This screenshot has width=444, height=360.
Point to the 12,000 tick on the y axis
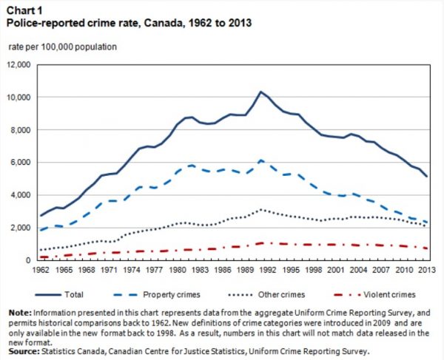(18, 65)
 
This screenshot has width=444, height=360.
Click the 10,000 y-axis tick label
(18, 98)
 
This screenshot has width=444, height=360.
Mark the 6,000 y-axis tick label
(20, 163)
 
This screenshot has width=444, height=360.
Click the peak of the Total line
(260, 92)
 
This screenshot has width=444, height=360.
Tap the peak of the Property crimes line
(260, 160)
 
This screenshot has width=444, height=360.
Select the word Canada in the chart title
(158, 23)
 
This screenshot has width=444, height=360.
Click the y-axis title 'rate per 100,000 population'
(63, 47)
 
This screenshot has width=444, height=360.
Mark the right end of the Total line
(426, 177)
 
